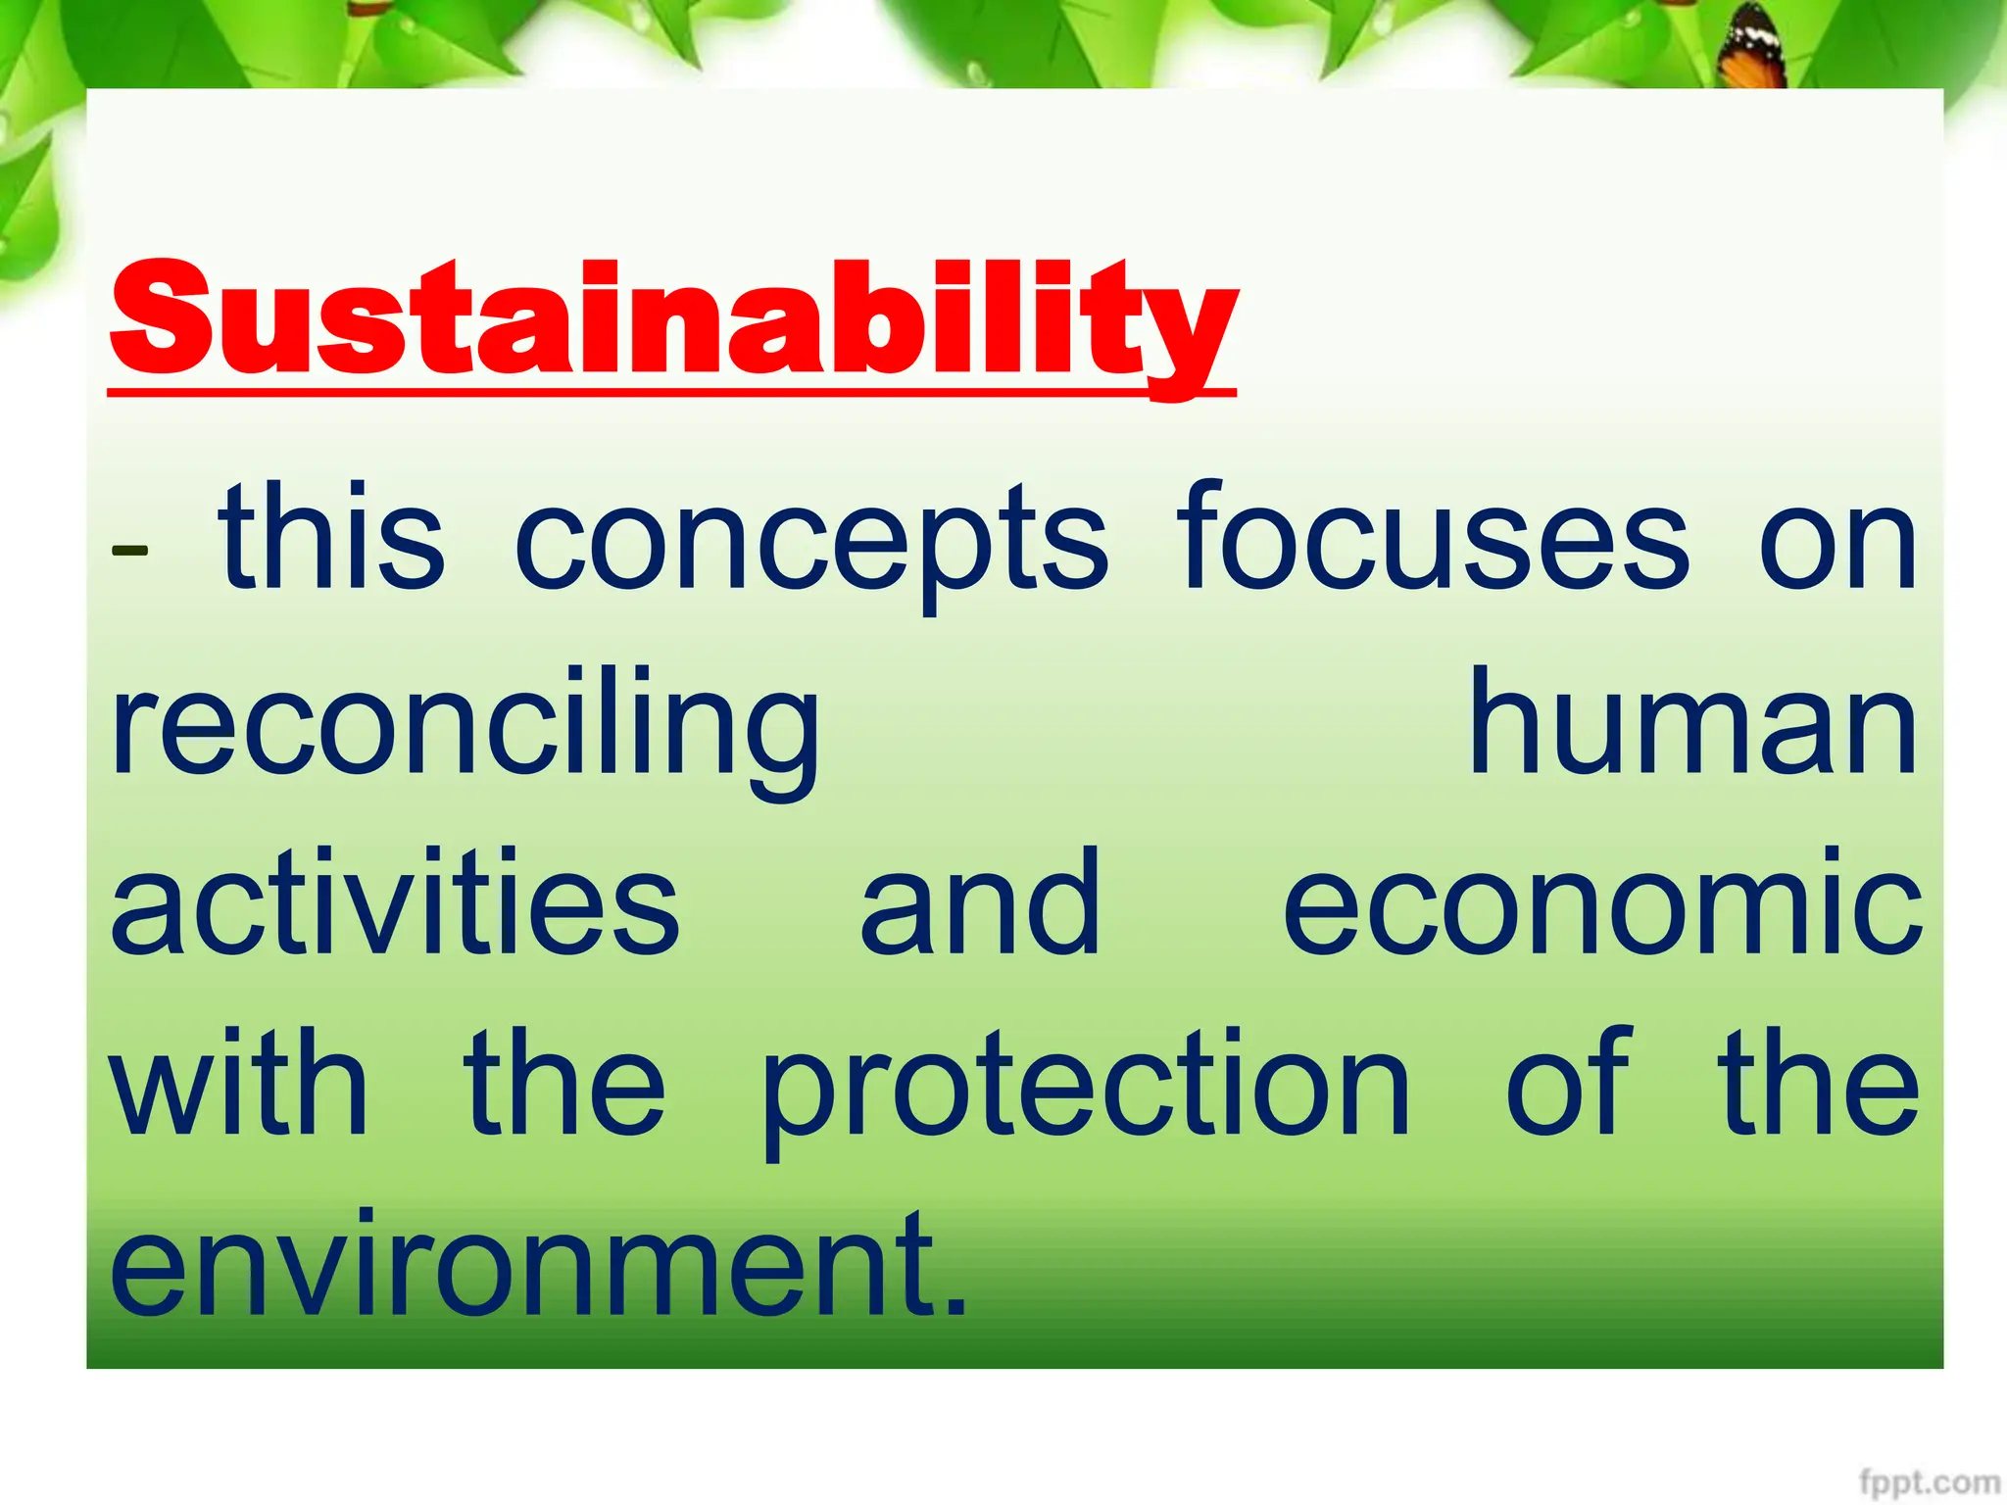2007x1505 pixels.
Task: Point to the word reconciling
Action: [x=465, y=730]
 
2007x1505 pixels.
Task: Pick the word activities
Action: [x=395, y=903]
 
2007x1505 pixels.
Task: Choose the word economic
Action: [x=1602, y=903]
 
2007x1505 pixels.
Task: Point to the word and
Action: [x=980, y=903]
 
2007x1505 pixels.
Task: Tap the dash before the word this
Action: [x=129, y=550]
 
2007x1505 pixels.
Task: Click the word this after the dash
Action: [x=332, y=539]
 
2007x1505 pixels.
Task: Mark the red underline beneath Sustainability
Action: [x=672, y=393]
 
